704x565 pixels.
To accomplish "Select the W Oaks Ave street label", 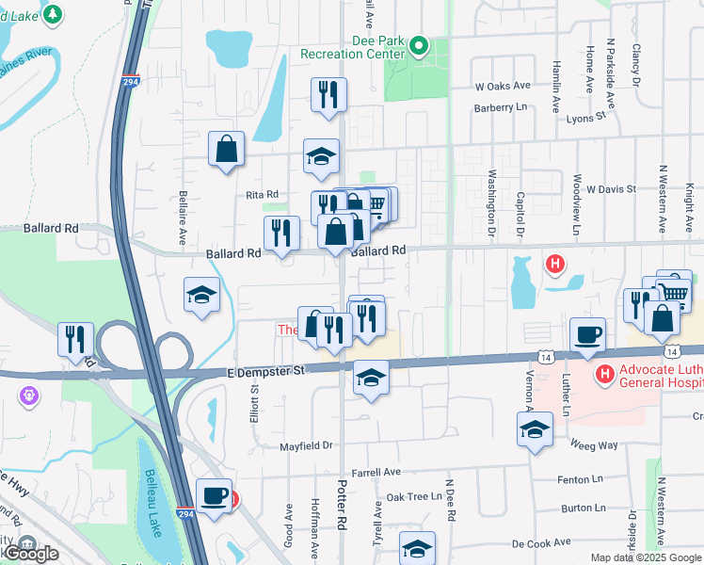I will point(503,86).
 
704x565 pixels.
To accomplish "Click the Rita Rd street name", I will point(262,194).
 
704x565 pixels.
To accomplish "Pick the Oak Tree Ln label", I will point(414,496).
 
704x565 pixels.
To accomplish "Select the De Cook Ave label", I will point(541,543).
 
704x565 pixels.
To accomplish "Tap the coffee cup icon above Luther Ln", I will point(587,334).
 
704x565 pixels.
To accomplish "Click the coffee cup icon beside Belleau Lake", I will point(214,495).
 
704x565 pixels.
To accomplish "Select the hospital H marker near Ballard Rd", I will point(555,265).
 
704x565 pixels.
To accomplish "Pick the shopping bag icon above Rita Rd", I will point(227,149).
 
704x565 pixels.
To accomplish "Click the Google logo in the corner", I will point(30,554).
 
